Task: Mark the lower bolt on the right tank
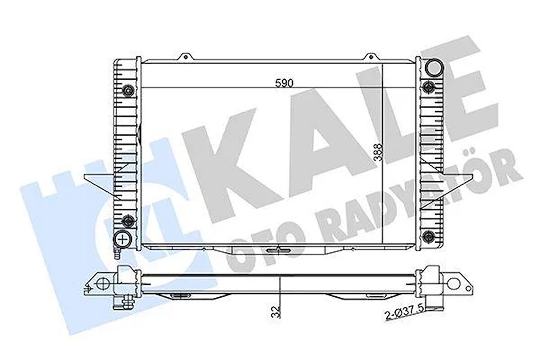coord(429,236)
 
